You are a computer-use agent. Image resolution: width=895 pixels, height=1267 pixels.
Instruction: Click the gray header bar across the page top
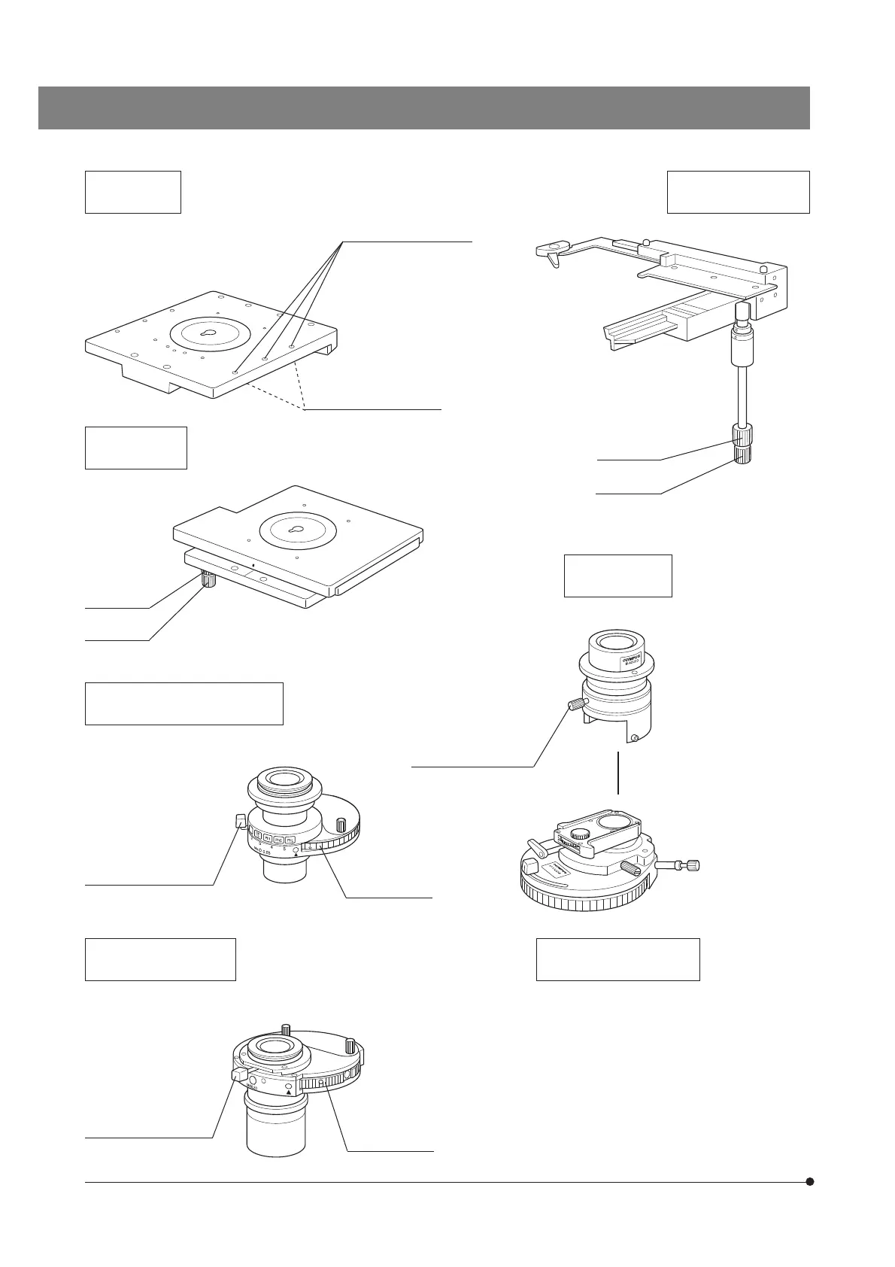424,108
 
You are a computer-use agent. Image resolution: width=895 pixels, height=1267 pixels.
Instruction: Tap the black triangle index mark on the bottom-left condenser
288,1090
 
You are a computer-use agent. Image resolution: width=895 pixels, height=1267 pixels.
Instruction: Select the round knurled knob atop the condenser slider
580,834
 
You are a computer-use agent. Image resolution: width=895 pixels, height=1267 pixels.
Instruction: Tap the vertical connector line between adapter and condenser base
617,771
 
